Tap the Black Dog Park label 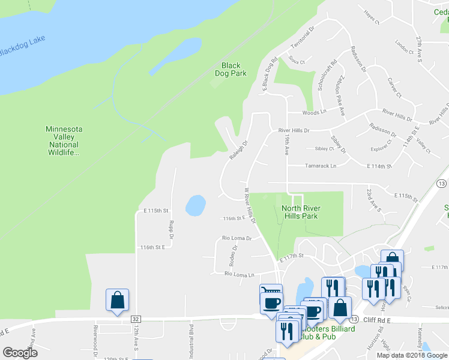(x=231, y=70)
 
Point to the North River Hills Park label (x=301, y=212)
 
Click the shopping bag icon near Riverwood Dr (x=117, y=301)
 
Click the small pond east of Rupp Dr (x=194, y=205)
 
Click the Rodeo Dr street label (x=234, y=256)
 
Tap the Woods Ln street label (x=315, y=112)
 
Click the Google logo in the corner (x=20, y=353)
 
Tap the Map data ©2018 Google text (x=412, y=355)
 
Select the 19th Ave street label (x=287, y=144)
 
